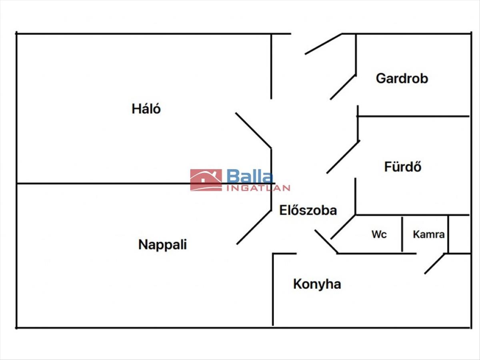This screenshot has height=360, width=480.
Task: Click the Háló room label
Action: (146, 108)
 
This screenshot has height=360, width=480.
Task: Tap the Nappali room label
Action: (162, 244)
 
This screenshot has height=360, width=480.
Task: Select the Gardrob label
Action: (402, 78)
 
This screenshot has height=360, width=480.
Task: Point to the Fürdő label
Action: (402, 166)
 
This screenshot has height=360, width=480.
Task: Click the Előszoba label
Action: (308, 210)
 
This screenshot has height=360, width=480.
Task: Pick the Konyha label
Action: (317, 284)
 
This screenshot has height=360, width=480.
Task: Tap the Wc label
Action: (379, 234)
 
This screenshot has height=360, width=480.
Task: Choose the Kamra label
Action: (428, 234)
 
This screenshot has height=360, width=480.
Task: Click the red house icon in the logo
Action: (206, 180)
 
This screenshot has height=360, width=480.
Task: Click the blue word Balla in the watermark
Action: (250, 176)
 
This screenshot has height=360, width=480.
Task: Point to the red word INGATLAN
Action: (258, 188)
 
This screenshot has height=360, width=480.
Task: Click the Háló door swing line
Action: (253, 130)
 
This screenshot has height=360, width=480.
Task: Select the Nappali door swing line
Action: (254, 227)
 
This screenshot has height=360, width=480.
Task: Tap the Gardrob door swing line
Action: (343, 87)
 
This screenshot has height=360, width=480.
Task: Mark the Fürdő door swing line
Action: (343, 157)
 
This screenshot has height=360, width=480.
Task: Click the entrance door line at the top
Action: (324, 44)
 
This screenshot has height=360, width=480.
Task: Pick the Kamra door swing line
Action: (435, 264)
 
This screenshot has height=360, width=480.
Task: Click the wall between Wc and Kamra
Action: (402, 234)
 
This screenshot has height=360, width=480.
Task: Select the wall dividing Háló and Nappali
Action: (120, 184)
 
